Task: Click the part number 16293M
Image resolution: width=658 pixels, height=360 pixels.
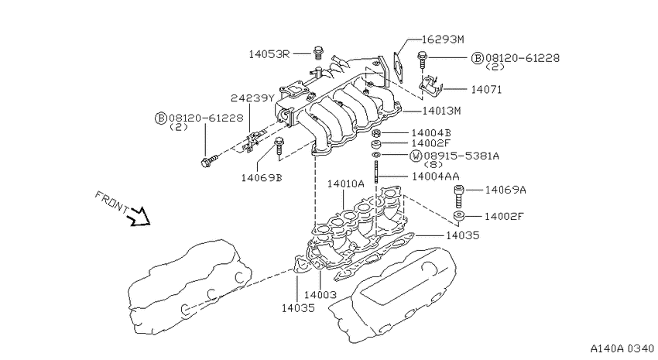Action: tap(443, 39)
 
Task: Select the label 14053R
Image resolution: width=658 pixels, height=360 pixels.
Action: tap(269, 54)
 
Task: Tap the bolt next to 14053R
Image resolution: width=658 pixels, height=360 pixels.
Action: tap(317, 53)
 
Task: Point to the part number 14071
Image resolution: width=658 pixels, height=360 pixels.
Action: tap(486, 89)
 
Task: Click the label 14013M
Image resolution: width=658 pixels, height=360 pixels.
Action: tap(441, 111)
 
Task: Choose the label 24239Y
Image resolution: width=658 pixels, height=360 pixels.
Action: tap(252, 98)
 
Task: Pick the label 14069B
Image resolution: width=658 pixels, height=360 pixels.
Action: tap(262, 178)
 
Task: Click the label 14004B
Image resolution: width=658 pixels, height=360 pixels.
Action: tap(431, 133)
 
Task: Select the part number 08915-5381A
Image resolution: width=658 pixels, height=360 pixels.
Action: tap(461, 156)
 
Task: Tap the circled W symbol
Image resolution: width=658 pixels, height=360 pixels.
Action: tap(416, 156)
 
